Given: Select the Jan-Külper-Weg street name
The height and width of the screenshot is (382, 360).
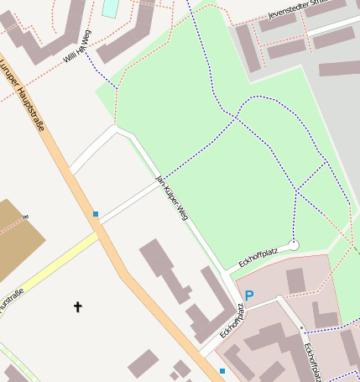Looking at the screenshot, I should pyautogui.click(x=172, y=198).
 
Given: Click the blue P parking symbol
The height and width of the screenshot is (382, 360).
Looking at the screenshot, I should pyautogui.click(x=248, y=295).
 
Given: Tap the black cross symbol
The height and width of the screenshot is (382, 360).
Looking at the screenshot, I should pyautogui.click(x=78, y=307).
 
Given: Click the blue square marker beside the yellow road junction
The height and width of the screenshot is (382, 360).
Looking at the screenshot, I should pyautogui.click(x=96, y=214).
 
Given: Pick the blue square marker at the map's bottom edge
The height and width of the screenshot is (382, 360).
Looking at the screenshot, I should pyautogui.click(x=222, y=370).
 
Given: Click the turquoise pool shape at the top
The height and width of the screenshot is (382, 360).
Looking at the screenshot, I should pyautogui.click(x=110, y=8).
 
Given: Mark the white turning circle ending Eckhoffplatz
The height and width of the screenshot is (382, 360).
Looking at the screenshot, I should pyautogui.click(x=294, y=244).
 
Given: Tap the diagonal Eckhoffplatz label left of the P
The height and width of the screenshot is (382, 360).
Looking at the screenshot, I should pyautogui.click(x=232, y=320).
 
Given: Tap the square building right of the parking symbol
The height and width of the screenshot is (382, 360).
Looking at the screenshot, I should pyautogui.click(x=295, y=280).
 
